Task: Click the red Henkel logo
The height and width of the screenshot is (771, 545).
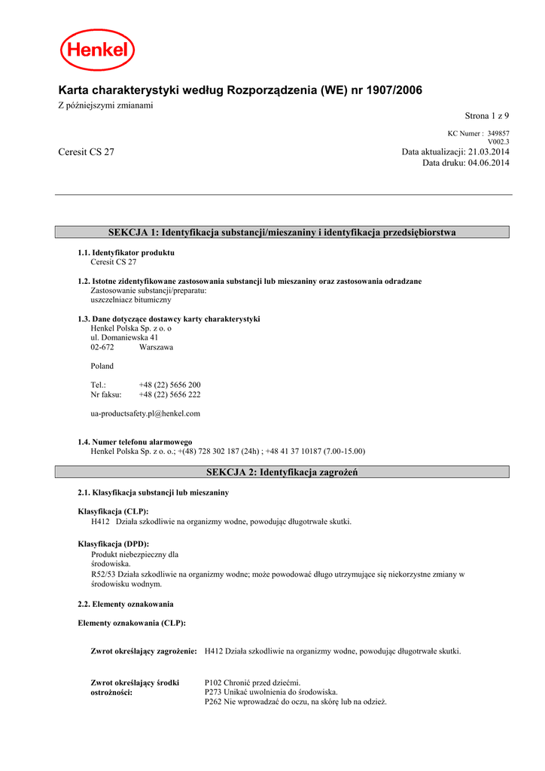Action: (97, 50)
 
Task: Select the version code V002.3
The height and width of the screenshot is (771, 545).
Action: (498, 142)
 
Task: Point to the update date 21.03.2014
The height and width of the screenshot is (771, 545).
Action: (489, 152)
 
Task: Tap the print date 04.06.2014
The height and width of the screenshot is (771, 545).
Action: (489, 163)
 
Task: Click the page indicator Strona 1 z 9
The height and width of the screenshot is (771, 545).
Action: (486, 116)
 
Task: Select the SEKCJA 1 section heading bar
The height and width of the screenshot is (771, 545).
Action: (282, 233)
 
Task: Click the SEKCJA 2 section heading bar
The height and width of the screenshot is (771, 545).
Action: (282, 472)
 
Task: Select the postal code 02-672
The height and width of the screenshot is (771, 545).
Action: (102, 347)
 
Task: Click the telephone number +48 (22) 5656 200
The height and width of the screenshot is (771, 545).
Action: (169, 385)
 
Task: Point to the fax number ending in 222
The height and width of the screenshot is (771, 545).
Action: (169, 395)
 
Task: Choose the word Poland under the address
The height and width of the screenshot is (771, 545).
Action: (102, 366)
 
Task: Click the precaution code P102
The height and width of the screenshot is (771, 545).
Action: (214, 682)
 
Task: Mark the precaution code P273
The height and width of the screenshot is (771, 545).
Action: (214, 692)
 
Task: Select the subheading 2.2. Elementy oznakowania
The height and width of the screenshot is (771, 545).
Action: (126, 604)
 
